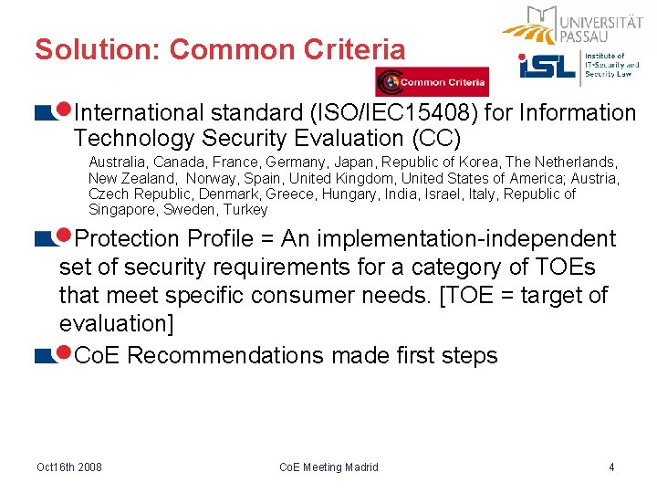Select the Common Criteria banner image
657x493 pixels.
click(x=432, y=81)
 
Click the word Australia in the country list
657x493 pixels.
click(x=116, y=163)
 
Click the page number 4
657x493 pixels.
click(x=611, y=467)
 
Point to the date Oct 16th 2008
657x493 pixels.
click(x=69, y=467)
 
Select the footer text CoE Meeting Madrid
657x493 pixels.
click(x=328, y=467)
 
